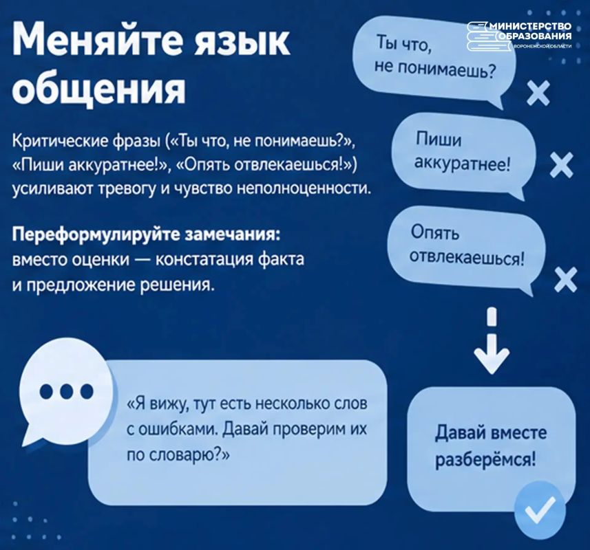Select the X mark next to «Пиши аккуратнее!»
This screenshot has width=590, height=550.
561,165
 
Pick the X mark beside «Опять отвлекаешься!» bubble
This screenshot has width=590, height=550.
565,280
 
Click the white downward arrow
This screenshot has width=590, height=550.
492,341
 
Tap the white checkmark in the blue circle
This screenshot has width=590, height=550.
540,510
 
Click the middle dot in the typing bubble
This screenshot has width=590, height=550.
67,391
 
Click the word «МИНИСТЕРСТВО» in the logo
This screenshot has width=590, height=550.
531,26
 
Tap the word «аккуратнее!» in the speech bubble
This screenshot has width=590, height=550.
463,163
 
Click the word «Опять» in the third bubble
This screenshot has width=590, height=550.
435,232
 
